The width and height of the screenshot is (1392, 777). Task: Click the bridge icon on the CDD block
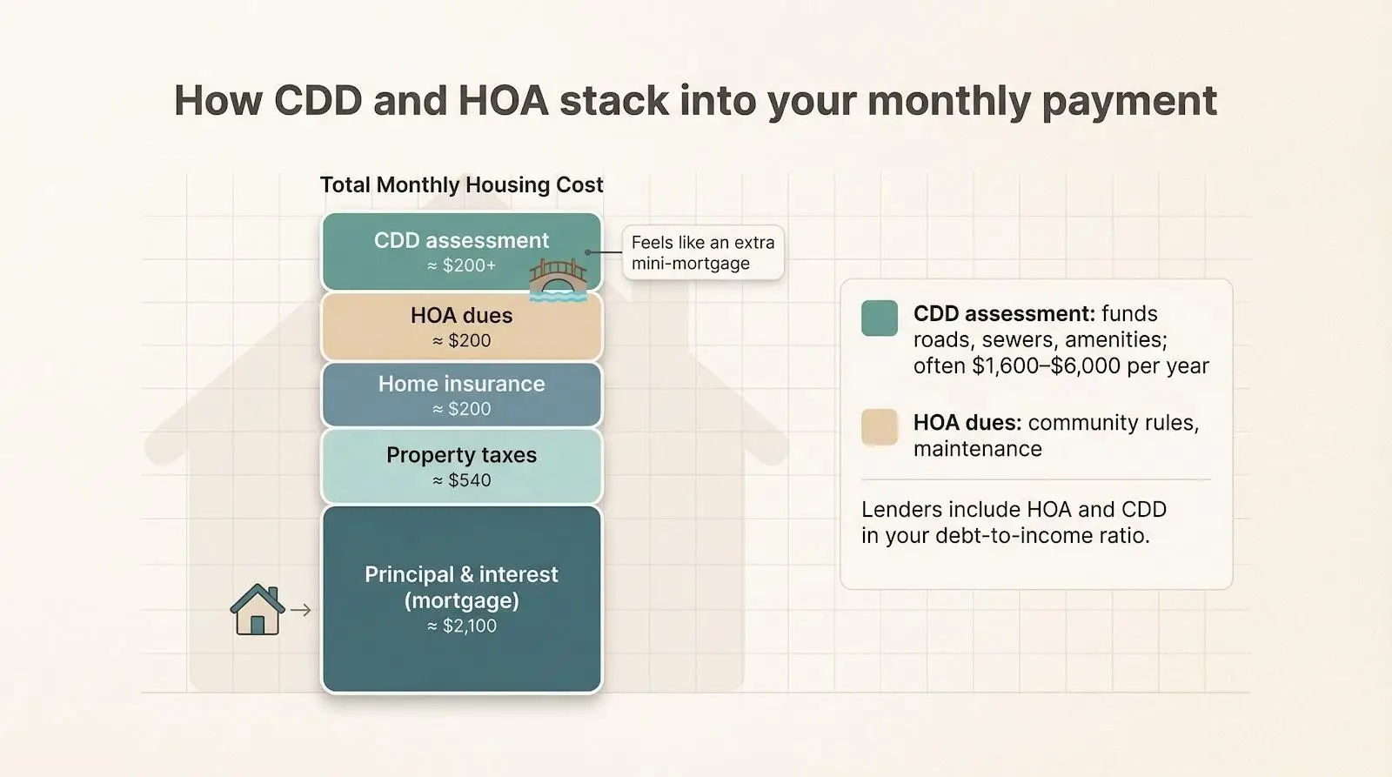[x=558, y=279]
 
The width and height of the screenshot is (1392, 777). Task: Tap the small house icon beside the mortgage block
[x=258, y=610]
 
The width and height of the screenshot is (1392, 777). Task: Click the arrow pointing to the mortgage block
[x=301, y=611]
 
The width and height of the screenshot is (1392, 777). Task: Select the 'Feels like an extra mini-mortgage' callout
[x=703, y=253]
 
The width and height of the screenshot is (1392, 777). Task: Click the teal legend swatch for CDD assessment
[x=880, y=318]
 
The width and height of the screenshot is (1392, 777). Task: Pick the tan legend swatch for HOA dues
[x=880, y=427]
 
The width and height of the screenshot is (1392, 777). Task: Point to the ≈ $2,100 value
[x=462, y=626]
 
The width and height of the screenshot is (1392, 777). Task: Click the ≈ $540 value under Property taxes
[x=462, y=480]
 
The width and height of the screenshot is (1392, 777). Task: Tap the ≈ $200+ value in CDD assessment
[x=462, y=265]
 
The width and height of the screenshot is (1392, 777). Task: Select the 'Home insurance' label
[x=462, y=384]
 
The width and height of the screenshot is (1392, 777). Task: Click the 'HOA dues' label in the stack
[x=462, y=315]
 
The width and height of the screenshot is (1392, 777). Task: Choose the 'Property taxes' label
[x=462, y=455]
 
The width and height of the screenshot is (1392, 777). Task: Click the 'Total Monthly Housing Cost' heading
[x=461, y=185]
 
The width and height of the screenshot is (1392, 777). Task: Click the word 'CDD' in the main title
[x=318, y=101]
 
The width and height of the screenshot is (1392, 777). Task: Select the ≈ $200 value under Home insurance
[x=462, y=409]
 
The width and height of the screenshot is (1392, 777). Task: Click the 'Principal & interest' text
[x=462, y=574]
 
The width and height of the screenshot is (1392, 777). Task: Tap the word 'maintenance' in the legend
[x=977, y=449]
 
